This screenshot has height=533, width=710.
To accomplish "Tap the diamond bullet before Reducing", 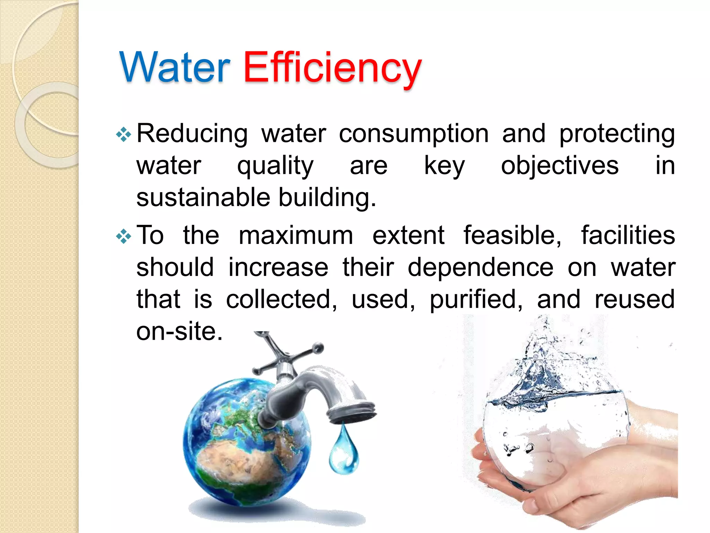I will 123,135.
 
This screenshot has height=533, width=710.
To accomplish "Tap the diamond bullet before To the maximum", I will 123,237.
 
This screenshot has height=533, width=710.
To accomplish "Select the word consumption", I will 414,134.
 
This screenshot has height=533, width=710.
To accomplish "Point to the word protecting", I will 617,134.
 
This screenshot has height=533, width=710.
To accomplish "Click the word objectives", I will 560,166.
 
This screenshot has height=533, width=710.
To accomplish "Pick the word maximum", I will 296,236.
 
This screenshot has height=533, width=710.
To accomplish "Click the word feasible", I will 512,236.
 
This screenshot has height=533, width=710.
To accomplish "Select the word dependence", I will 480,268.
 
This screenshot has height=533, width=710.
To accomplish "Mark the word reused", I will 634,299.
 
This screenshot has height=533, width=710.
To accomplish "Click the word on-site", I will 179,331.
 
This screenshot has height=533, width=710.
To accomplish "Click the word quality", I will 275,166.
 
